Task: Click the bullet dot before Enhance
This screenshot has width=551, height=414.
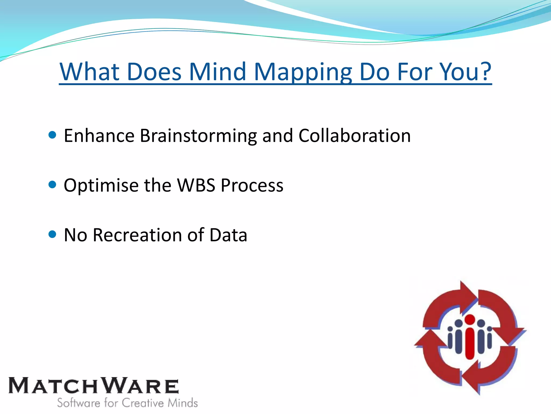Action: pos(52,135)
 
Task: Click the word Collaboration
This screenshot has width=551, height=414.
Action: pos(355,136)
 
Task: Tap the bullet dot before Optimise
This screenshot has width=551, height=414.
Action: pos(52,185)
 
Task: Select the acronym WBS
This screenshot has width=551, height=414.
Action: pos(196,185)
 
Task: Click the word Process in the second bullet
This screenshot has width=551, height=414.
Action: pos(252,185)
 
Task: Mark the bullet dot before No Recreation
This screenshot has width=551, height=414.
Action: pos(52,234)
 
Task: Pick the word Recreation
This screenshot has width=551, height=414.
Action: pos(137,235)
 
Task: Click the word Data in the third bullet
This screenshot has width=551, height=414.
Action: pos(228,235)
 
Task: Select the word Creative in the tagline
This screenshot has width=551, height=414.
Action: pos(143,403)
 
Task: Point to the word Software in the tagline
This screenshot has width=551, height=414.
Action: pos(78,403)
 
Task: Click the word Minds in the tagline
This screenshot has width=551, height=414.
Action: pos(183,403)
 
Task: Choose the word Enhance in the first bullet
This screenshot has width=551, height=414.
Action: pos(99,136)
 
